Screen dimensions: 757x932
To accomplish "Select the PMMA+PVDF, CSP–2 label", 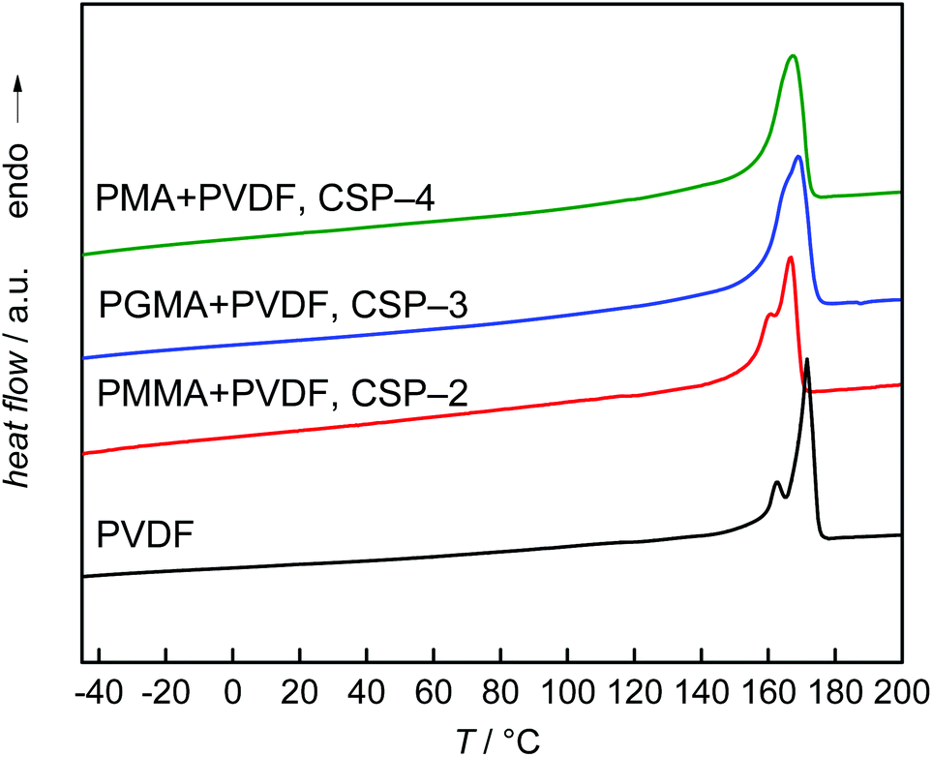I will click(x=283, y=394).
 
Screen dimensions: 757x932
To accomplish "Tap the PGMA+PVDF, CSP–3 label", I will click(x=284, y=307).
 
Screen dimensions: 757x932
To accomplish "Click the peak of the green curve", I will click(x=793, y=56).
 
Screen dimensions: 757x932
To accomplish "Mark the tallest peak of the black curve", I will click(x=806, y=359).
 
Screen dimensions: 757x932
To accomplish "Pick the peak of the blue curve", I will click(x=797, y=157).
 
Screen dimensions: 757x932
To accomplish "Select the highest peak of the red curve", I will click(x=790, y=257).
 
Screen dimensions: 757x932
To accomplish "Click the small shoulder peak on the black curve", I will click(x=776, y=482).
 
